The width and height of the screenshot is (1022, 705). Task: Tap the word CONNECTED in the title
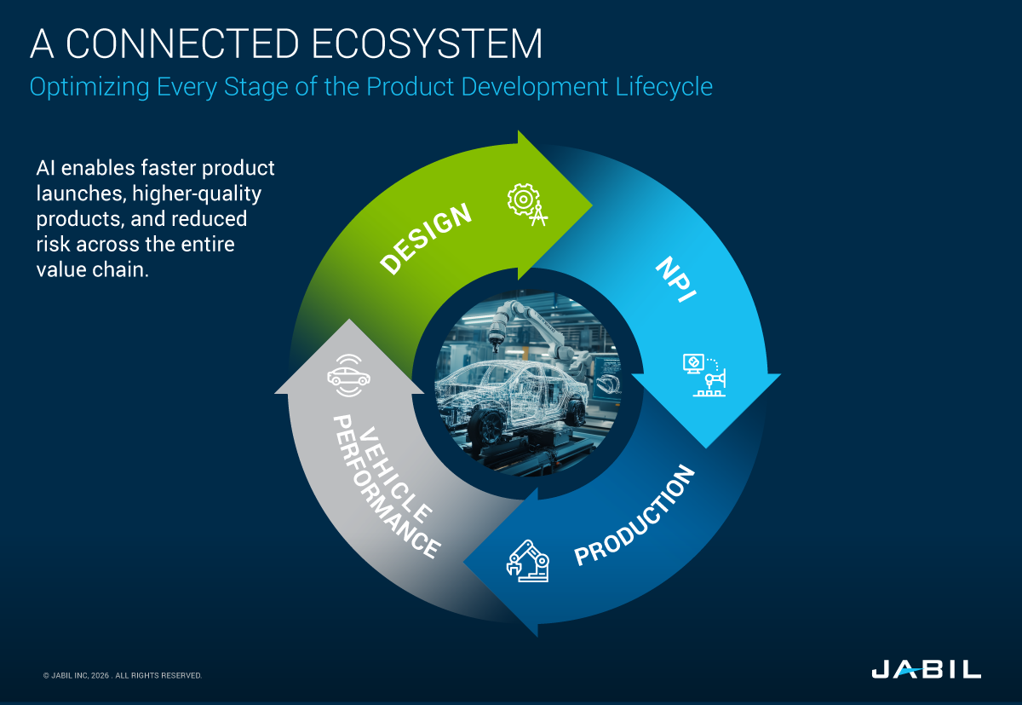coord(184,44)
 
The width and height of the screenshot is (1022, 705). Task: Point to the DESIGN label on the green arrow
coord(426,240)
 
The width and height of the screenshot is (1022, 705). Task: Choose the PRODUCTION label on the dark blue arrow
coord(635,516)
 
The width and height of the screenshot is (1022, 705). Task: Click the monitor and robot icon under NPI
coord(703,375)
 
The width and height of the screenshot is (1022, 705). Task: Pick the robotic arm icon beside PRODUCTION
coord(527,560)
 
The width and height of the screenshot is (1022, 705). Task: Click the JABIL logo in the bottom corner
coord(925,669)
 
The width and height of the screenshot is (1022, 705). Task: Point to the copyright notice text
coord(122,675)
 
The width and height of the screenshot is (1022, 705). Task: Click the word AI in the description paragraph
coord(47,167)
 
